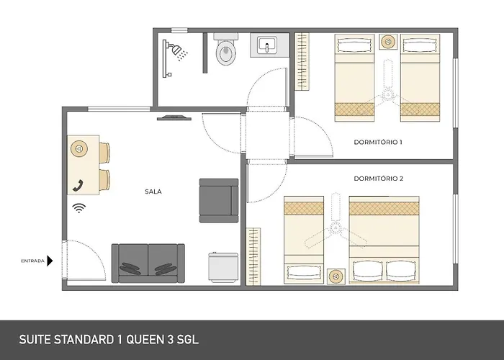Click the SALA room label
(x=152, y=192)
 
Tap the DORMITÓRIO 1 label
(x=378, y=142)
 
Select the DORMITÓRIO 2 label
(x=378, y=178)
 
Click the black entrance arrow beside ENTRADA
(x=50, y=261)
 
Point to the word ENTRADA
(x=32, y=261)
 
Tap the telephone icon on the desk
(x=77, y=184)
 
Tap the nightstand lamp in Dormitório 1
(x=389, y=41)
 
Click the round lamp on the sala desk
(x=77, y=149)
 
